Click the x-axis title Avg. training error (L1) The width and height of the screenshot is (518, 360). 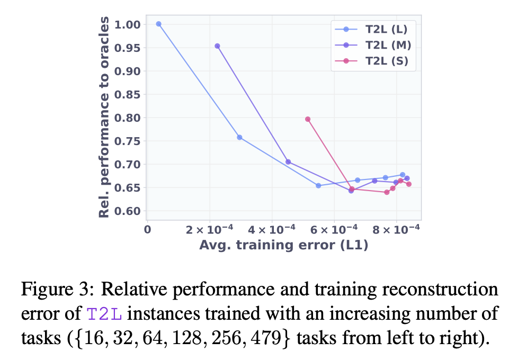(283, 245)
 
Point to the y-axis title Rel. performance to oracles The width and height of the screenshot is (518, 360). (105, 116)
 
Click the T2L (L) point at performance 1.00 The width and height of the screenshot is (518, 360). (158, 24)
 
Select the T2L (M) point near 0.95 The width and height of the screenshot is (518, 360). (217, 46)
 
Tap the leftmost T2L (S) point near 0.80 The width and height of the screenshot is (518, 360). (308, 119)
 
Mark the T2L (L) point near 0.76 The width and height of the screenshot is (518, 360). (239, 137)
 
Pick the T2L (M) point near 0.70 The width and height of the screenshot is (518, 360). (288, 162)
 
